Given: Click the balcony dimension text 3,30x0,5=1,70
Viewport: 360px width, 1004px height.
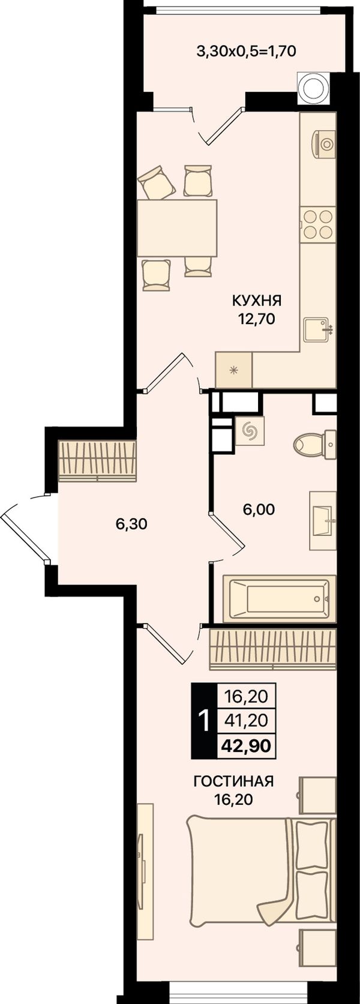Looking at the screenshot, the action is [246, 52].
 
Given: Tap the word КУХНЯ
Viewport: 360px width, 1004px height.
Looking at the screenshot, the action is [257, 300].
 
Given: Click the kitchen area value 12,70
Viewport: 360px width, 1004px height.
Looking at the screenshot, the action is [257, 319].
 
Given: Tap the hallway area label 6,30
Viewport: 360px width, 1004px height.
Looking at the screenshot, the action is [131, 523].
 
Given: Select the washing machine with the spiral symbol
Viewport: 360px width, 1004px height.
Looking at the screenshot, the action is [250, 431].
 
